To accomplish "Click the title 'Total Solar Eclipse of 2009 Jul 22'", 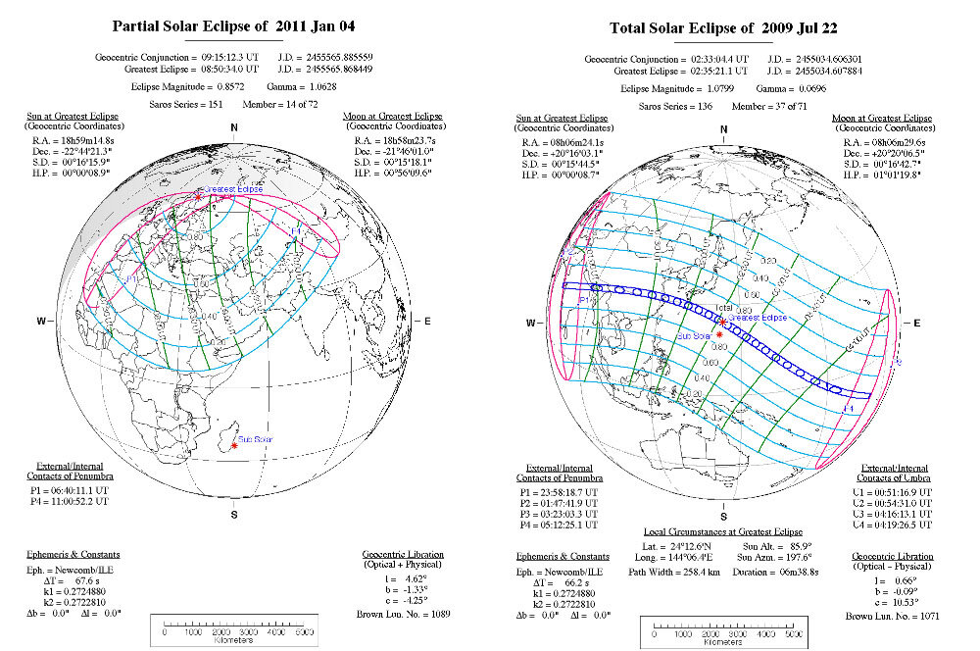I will [x=723, y=26].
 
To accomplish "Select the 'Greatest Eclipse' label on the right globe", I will [x=758, y=318].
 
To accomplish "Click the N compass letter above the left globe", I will [x=234, y=128].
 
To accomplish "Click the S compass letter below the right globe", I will [x=723, y=515].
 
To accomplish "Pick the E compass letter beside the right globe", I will [x=916, y=322].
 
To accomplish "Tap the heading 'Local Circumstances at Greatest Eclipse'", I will [x=723, y=530].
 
